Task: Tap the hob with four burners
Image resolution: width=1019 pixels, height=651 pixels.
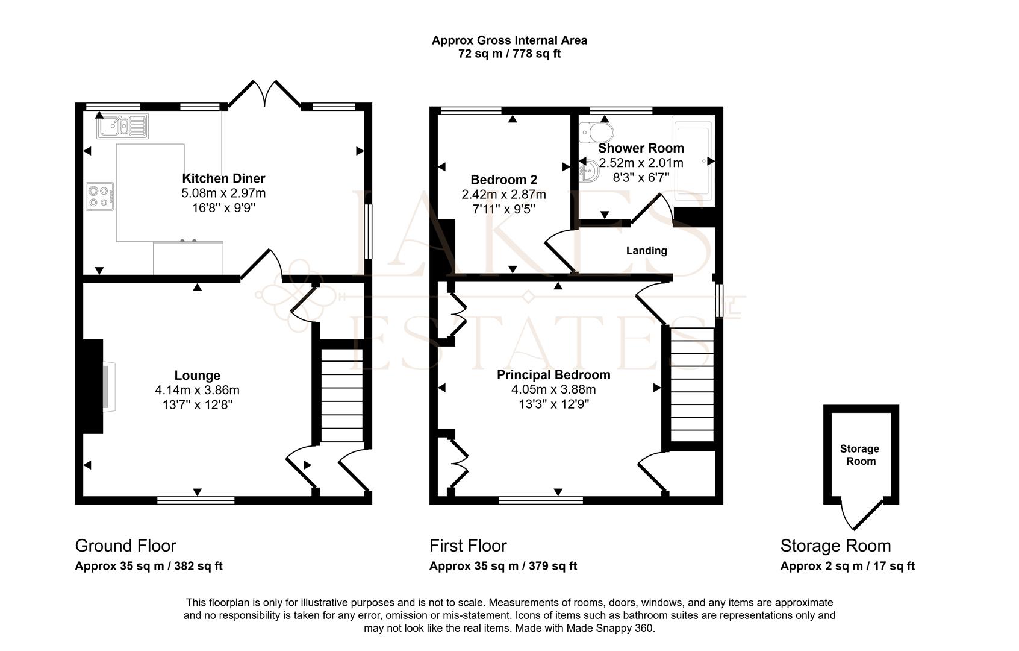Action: click(x=100, y=196)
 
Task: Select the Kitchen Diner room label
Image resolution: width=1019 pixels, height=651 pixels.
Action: click(x=223, y=178)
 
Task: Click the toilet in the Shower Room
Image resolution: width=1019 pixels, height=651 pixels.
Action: click(x=597, y=131)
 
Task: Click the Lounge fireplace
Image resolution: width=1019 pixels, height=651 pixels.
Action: click(x=94, y=386)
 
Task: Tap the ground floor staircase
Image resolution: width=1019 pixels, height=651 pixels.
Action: click(x=341, y=395)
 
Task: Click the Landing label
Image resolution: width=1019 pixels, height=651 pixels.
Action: click(x=646, y=251)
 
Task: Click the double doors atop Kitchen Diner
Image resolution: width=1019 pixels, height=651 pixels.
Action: click(x=265, y=93)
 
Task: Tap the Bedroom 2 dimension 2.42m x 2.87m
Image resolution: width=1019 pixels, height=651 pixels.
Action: click(x=503, y=195)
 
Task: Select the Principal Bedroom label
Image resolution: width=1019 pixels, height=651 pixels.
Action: click(x=553, y=375)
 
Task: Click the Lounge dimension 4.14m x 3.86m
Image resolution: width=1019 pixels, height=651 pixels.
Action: click(x=197, y=390)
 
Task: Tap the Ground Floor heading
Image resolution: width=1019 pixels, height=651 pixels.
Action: click(x=125, y=546)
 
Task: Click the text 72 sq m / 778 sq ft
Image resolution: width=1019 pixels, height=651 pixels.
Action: click(x=509, y=54)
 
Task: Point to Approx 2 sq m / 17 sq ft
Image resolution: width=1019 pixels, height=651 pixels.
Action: click(x=847, y=566)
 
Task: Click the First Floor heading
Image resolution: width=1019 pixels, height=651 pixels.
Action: click(x=468, y=546)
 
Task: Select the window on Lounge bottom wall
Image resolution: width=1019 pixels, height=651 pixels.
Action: click(x=196, y=500)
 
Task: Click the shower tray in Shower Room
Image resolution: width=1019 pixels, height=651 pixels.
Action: click(x=693, y=160)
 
